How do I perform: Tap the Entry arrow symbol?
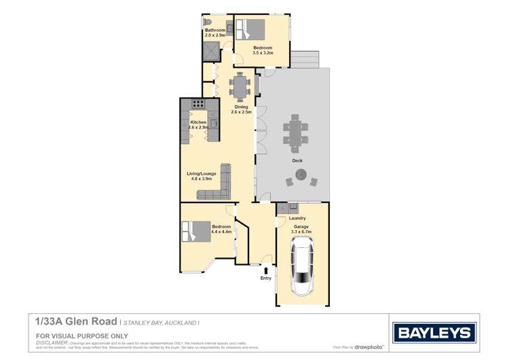tap(266, 270)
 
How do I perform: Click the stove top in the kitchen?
tap(199, 104)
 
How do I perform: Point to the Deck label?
tap(297, 160)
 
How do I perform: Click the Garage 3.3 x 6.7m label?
tap(301, 230)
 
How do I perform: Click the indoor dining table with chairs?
tap(239, 86)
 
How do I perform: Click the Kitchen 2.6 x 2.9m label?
tap(198, 124)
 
